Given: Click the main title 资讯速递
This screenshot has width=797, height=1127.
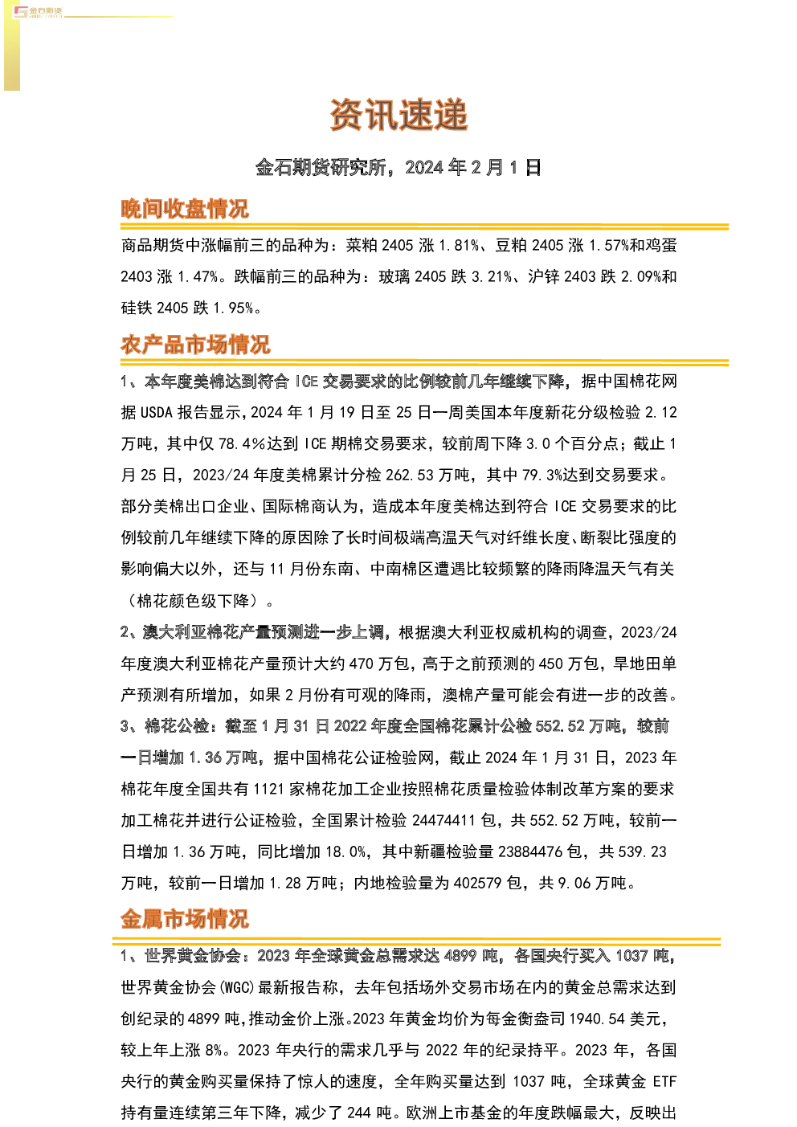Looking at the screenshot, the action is (398, 115).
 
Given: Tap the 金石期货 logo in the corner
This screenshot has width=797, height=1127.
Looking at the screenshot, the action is (38, 12).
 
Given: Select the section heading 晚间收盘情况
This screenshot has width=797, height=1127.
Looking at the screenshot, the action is (185, 209).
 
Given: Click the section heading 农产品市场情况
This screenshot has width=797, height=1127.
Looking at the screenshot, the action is (195, 345).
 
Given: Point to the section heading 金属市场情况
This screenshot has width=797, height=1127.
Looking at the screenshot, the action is (185, 919).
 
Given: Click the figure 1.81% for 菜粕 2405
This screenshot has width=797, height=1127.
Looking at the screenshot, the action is (459, 246).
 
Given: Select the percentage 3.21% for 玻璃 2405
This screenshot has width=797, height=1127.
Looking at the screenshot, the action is (492, 276).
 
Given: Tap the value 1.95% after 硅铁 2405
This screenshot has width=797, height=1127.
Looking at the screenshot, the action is (233, 308).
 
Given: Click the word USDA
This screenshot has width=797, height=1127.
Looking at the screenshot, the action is (157, 413).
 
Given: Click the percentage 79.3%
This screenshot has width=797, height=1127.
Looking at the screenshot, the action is (542, 475).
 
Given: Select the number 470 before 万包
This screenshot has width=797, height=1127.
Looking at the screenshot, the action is (362, 664).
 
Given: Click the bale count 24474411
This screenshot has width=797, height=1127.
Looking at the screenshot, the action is (443, 821).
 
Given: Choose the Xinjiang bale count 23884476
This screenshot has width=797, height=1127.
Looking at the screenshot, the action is (530, 851).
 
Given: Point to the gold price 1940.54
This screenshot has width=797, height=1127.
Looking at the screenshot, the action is (597, 1019).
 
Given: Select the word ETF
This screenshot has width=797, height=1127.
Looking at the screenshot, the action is (664, 1082).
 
